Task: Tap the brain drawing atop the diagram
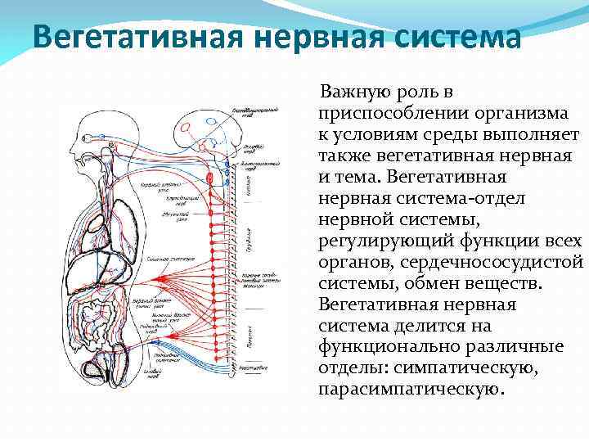205,127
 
